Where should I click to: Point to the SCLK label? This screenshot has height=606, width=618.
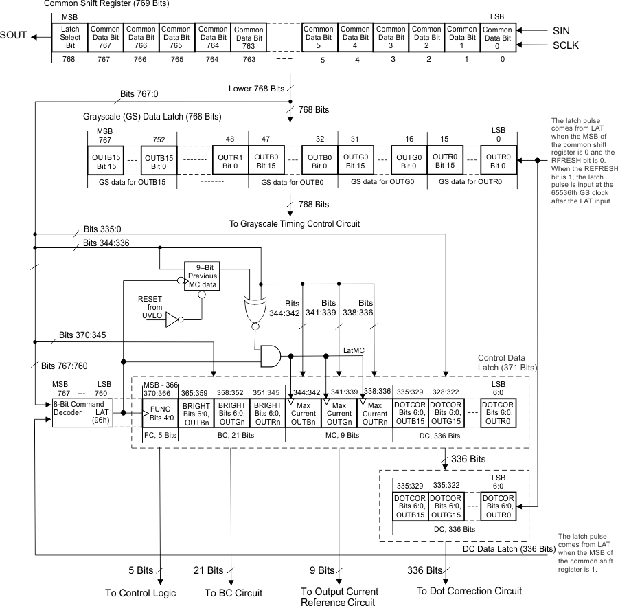566,45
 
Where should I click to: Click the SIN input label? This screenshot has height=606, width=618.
561,30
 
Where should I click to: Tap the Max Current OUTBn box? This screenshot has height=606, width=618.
303,413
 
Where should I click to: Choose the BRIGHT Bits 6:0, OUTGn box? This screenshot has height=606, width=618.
231,413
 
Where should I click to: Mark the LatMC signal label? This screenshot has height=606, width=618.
355,350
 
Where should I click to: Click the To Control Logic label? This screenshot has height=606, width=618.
140,593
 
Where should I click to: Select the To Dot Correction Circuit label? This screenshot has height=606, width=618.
469,591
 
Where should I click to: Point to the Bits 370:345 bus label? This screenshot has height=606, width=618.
82,335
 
